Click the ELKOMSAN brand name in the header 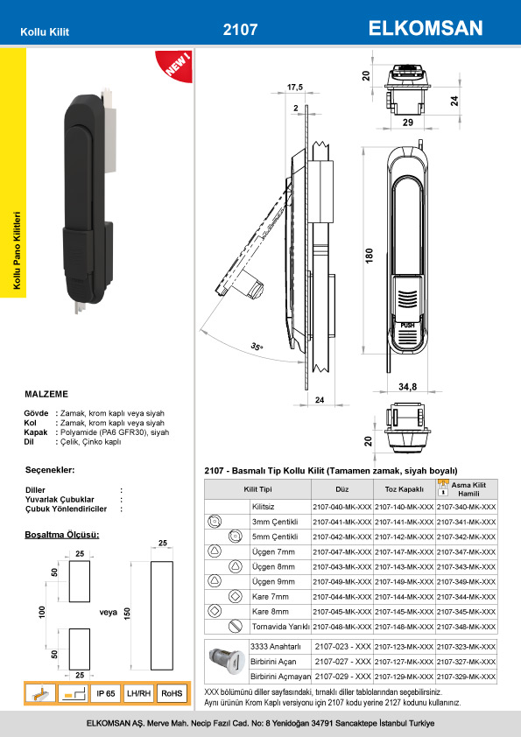click(425, 28)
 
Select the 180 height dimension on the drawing click(370, 255)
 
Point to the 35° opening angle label click(257, 347)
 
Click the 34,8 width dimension click(407, 387)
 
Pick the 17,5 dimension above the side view click(295, 87)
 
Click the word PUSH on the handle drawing click(408, 325)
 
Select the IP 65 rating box click(106, 693)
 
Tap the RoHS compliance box click(172, 693)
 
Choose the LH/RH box click(138, 693)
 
